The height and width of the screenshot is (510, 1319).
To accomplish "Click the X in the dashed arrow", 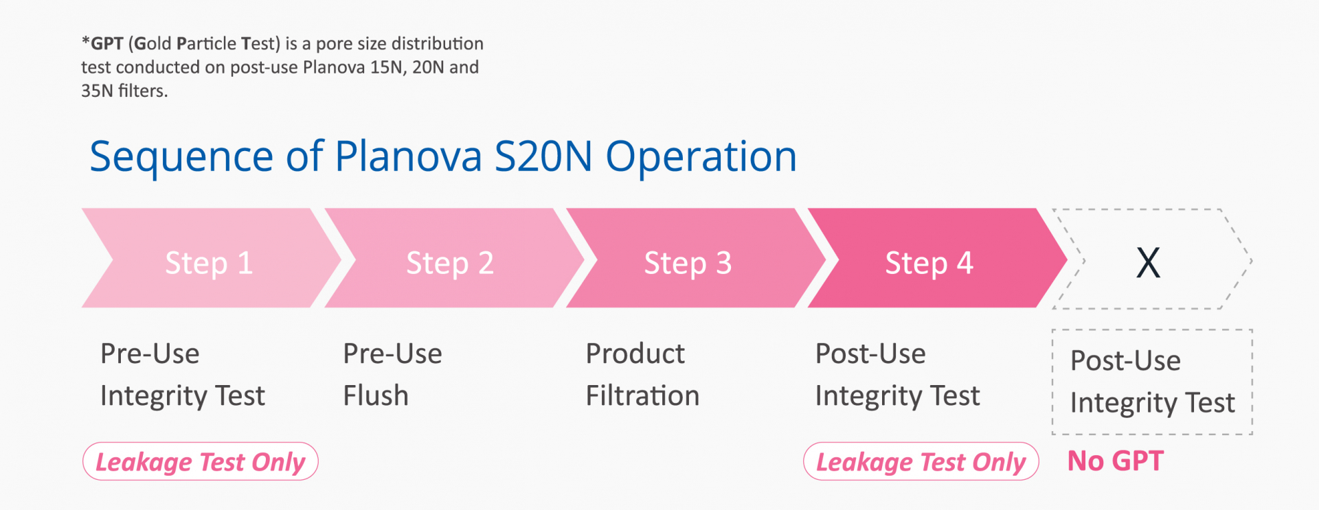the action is pos(1148,262).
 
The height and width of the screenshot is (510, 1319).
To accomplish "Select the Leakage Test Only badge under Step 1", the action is pos(201,461).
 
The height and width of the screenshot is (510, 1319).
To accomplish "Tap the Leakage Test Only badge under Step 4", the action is pos(921,461).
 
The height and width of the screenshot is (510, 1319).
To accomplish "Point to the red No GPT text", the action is pos(1116,461).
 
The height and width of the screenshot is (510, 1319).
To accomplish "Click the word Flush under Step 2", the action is pos(376,395).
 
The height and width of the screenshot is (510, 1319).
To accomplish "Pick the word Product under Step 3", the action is pos(635,353).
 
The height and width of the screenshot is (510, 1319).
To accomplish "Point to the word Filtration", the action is pos(643,395).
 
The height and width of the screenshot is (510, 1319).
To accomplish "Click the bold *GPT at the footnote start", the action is pos(102,43).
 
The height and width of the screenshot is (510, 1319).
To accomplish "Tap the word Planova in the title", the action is pos(409,157).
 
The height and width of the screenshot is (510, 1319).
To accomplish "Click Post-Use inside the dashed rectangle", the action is pos(1125,360).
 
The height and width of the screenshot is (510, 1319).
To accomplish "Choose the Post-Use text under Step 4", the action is pos(870,353).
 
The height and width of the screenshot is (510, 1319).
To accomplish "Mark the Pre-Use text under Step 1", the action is pos(150,353).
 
